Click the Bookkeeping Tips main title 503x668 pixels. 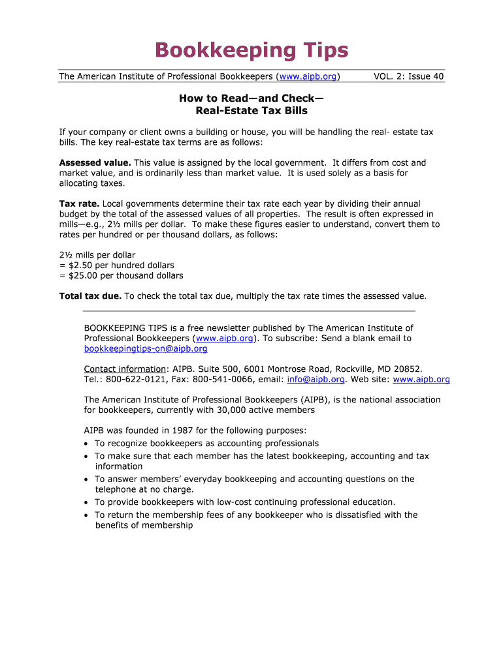tap(252, 50)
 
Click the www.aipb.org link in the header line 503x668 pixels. tap(308, 77)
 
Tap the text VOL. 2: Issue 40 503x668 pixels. tap(408, 77)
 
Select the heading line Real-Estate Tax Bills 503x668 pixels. tap(252, 110)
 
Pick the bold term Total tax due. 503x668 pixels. tap(90, 296)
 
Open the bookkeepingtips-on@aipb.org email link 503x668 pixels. tap(146, 349)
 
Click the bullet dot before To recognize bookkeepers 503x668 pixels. tap(87, 444)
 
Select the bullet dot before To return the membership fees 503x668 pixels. tap(87, 515)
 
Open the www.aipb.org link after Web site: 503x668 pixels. tap(421, 379)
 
